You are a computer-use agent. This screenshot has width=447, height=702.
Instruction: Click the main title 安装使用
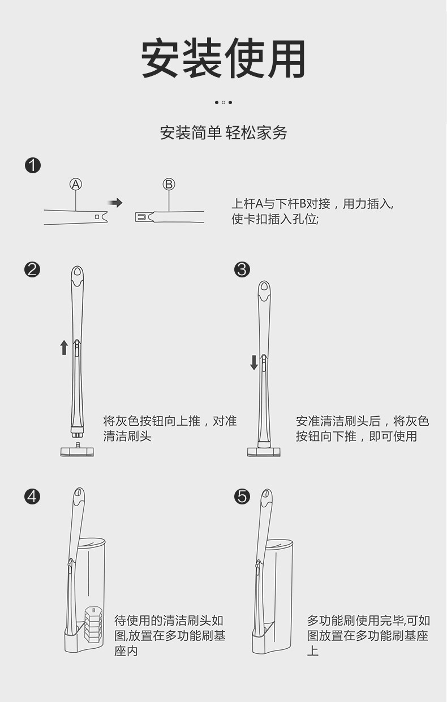tap(223, 59)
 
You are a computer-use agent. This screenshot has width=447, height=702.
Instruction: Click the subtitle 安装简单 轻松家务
tap(223, 133)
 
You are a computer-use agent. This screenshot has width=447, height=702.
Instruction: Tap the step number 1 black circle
tap(33, 166)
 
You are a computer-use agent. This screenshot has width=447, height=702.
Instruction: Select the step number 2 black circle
tap(33, 269)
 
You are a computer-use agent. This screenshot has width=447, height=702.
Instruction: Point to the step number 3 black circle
tap(242, 269)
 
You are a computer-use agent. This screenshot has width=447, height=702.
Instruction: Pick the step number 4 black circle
tap(33, 496)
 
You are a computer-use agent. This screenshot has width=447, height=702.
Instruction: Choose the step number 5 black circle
tap(242, 496)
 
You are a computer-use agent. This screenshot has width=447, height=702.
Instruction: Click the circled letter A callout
tap(76, 184)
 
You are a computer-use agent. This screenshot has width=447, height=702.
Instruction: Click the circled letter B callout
tap(169, 184)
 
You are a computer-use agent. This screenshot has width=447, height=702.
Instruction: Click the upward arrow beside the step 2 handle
tap(64, 347)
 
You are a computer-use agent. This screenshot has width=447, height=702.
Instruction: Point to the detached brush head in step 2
tap(77, 451)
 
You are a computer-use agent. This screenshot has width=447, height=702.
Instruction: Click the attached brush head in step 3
tap(264, 451)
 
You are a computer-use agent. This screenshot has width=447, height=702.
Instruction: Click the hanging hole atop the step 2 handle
tap(77, 277)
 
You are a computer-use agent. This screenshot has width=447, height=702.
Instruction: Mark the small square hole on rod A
tap(97, 216)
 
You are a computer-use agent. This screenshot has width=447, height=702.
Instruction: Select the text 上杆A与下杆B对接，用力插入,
tap(312, 204)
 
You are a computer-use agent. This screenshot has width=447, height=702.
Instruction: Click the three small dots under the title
tap(223, 102)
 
